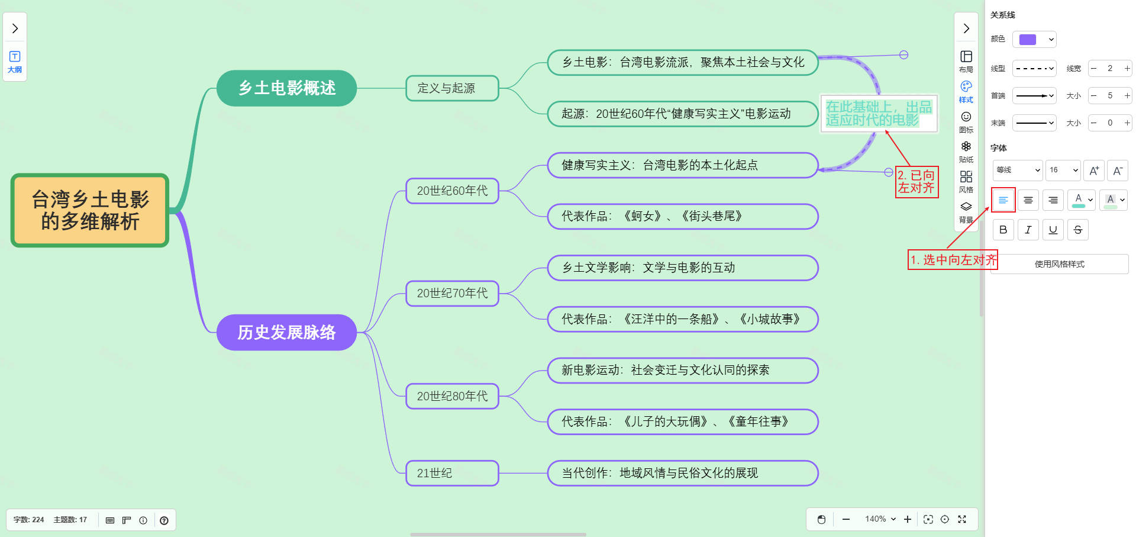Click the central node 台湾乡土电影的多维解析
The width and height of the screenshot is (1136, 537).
90,210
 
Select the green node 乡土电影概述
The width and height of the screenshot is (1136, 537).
286,88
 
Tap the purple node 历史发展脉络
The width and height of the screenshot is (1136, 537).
286,332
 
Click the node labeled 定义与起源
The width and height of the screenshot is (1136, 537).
452,88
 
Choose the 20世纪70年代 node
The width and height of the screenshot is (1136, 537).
452,293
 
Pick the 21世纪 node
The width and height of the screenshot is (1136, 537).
452,473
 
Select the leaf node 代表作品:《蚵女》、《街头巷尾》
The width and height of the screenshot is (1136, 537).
682,216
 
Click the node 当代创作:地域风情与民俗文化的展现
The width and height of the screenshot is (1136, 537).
682,473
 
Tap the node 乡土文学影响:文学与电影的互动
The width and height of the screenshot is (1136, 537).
682,268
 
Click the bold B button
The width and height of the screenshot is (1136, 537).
1003,230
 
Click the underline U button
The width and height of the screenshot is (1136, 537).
1053,230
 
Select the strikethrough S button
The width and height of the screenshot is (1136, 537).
1077,230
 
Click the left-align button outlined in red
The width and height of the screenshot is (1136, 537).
1003,200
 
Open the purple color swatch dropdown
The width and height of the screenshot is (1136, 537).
1034,40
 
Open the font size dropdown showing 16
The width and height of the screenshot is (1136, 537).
1063,170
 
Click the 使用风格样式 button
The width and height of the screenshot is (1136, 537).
1059,264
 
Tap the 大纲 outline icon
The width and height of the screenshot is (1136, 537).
15,61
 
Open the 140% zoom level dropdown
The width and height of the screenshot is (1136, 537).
880,519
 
